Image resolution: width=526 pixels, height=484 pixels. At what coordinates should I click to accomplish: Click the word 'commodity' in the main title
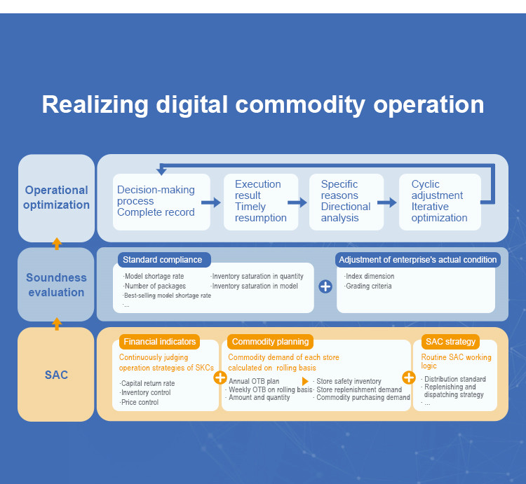(x=300, y=105)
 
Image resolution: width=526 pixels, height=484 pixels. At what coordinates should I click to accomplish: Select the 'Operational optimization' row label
(x=56, y=198)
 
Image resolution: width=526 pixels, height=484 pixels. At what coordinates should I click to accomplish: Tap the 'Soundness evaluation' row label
(x=56, y=284)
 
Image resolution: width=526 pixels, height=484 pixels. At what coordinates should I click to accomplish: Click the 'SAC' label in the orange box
(x=56, y=375)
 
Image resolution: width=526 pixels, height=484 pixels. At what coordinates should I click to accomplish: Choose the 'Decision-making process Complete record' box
(x=161, y=202)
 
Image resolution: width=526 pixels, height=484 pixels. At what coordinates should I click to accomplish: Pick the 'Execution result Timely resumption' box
(x=261, y=202)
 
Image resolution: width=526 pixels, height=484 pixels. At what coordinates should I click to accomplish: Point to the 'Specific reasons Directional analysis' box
(x=346, y=202)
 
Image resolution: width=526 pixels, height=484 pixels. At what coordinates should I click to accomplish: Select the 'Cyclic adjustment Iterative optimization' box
(x=440, y=202)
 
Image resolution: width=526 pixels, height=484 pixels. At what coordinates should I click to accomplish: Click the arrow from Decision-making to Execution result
(x=211, y=202)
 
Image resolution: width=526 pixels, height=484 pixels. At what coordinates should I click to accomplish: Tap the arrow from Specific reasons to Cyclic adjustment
(x=386, y=202)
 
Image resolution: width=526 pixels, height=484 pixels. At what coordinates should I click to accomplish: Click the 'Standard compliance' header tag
(x=164, y=260)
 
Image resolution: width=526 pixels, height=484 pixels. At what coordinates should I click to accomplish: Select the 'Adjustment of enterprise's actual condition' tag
(x=418, y=260)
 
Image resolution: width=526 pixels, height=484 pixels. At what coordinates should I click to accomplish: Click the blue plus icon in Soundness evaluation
(x=325, y=286)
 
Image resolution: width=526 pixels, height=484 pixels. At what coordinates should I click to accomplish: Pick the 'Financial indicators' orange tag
(x=159, y=342)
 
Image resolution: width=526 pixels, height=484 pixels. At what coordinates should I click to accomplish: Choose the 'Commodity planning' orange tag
(x=271, y=342)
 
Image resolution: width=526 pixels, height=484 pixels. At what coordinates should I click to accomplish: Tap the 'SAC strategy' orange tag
(x=450, y=342)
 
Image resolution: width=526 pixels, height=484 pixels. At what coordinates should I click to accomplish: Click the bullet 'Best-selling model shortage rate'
(x=167, y=296)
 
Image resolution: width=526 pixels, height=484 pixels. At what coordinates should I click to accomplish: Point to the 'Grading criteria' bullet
(x=368, y=286)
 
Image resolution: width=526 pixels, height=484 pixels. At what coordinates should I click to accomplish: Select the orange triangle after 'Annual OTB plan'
(x=305, y=381)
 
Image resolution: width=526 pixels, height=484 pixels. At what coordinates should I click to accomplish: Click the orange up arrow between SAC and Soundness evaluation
(x=57, y=324)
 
